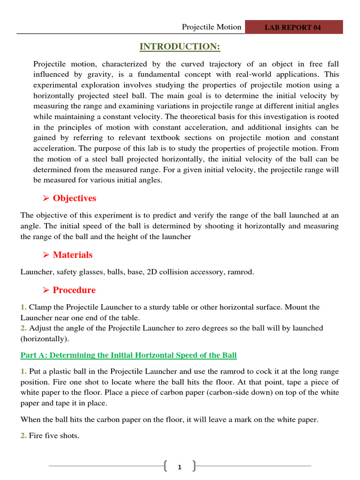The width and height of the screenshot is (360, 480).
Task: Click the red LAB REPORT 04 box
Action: click(x=293, y=27)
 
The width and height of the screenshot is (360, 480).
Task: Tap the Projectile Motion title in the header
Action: click(x=211, y=27)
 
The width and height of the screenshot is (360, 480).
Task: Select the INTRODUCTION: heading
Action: click(x=180, y=47)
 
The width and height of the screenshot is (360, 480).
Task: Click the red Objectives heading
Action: click(x=74, y=198)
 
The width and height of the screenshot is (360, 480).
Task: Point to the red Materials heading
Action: click(x=73, y=255)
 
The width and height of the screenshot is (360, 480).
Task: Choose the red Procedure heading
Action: click(x=74, y=290)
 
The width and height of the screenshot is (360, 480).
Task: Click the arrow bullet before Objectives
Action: click(x=46, y=199)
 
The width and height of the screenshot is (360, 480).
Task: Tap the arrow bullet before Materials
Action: click(x=46, y=255)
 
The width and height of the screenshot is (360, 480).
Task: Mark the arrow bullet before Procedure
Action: click(x=46, y=291)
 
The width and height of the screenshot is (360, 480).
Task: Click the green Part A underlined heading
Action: click(x=128, y=355)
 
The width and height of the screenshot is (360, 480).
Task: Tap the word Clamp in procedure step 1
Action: click(x=39, y=307)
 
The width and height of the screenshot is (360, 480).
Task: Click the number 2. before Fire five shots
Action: click(x=23, y=436)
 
